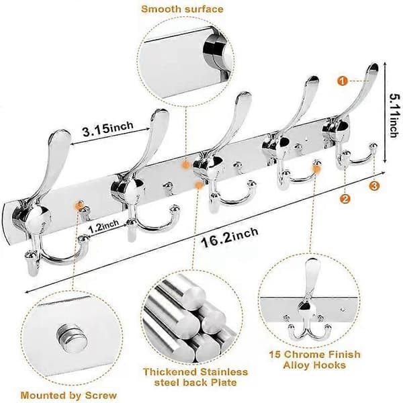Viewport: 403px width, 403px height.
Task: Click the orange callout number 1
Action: [x=343, y=81]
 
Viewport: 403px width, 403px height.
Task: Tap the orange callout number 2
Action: [x=345, y=199]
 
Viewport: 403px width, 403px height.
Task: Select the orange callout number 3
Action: [x=374, y=185]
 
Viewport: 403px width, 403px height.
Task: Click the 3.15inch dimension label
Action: [x=108, y=128]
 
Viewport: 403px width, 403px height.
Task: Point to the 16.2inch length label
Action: [x=230, y=238]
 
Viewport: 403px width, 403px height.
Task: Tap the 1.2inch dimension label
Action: [x=104, y=226]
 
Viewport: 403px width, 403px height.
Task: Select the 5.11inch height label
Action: [x=396, y=116]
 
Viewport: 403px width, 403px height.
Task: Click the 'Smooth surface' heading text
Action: [x=182, y=9]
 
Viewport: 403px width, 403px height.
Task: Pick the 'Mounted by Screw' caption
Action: [x=69, y=395]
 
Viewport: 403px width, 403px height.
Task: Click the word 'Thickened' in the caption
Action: [x=169, y=371]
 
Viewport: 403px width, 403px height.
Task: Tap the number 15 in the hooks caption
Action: [x=275, y=355]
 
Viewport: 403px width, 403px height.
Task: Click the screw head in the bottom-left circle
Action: [x=71, y=338]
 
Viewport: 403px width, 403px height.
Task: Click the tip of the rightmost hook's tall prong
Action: [x=373, y=66]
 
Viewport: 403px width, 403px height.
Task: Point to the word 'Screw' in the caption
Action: [x=101, y=395]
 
